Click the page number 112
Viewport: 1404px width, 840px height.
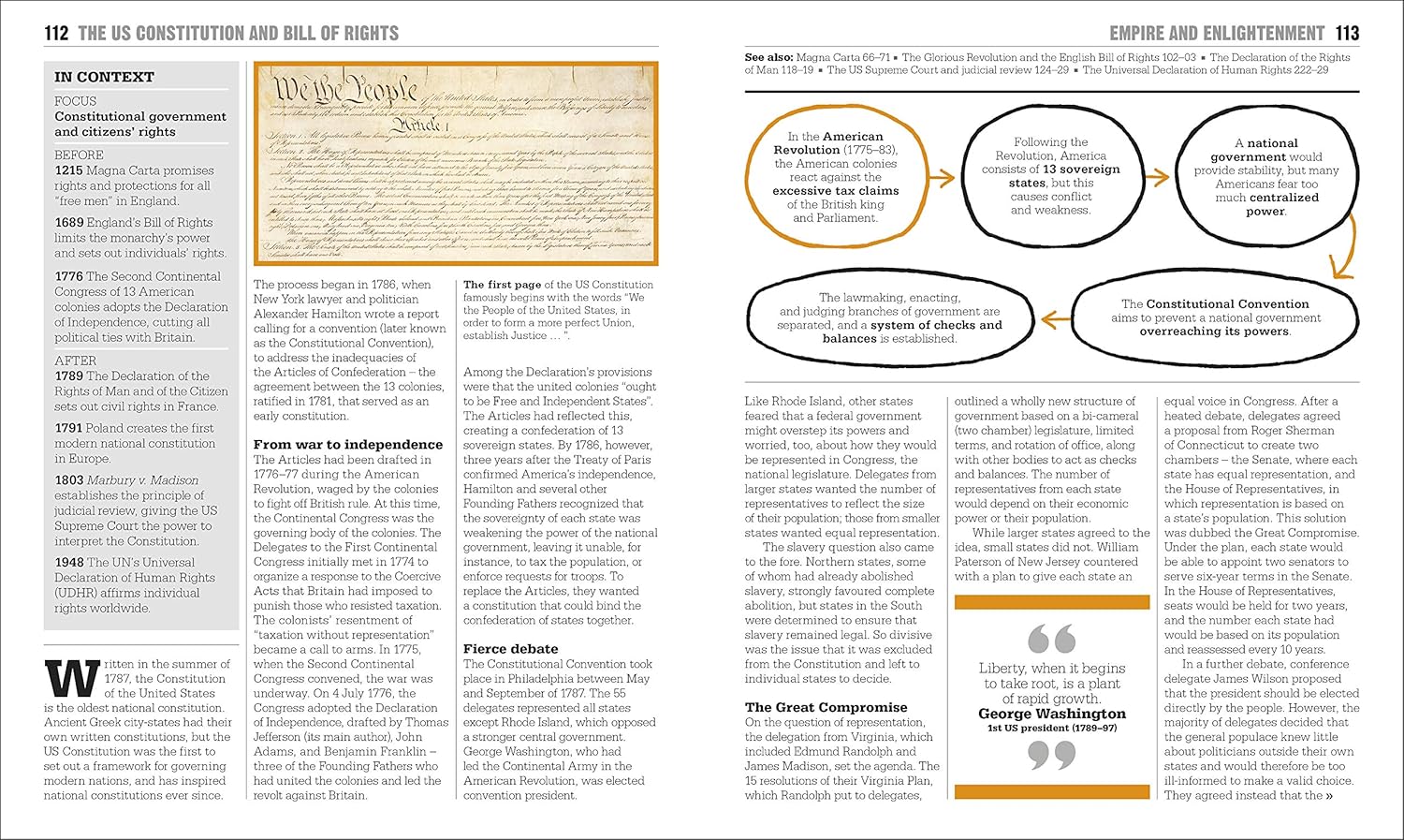click(x=56, y=34)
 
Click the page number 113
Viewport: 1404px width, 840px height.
click(x=1347, y=34)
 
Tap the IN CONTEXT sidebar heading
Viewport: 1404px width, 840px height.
click(x=104, y=77)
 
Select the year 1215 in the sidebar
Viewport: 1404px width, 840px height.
click(x=68, y=170)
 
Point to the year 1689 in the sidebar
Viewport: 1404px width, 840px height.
click(x=68, y=223)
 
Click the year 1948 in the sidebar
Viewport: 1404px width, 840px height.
click(x=69, y=563)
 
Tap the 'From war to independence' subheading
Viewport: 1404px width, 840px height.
click(x=348, y=445)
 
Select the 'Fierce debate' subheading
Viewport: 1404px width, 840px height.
click(x=510, y=649)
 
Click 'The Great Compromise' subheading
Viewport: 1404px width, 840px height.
click(x=826, y=708)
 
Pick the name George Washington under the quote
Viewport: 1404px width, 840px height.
click(x=1052, y=714)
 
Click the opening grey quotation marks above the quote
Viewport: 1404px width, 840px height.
click(x=1051, y=640)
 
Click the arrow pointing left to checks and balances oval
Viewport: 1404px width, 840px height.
click(x=1056, y=320)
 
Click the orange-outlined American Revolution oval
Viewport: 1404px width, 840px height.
click(x=836, y=177)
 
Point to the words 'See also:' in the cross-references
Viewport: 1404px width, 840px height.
click(x=766, y=57)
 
